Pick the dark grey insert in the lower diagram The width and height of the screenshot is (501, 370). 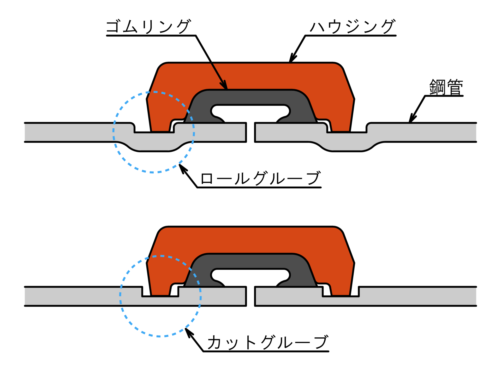click(250, 261)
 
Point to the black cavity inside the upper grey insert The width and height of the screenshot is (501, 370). click(250, 111)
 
